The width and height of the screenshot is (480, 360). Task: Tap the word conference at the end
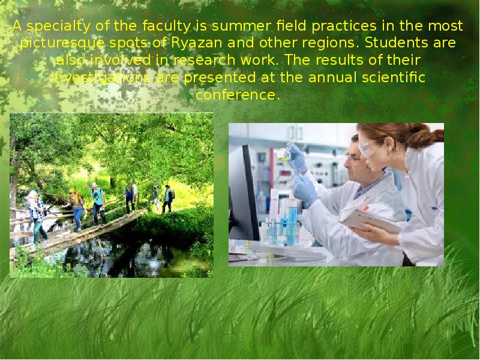pos(238,95)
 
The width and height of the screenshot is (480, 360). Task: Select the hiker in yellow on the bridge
pos(77,207)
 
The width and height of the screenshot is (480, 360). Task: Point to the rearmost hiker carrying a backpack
pos(167,198)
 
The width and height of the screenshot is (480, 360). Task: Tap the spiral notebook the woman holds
pos(368,221)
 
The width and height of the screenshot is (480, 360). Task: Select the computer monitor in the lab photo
pos(243,192)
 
